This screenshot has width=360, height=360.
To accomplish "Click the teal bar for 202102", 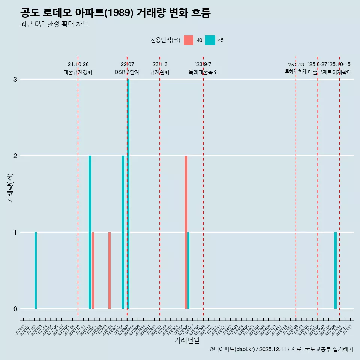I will point(36,270).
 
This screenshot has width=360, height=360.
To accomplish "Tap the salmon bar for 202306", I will point(186,232).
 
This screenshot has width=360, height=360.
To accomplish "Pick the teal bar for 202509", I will point(335,270).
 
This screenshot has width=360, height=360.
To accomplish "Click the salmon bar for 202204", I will point(109,270).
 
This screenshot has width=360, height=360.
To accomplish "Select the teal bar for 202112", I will point(90,232).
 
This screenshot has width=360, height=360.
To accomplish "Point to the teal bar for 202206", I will point(123,232).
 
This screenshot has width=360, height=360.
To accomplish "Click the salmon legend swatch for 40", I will point(189,40).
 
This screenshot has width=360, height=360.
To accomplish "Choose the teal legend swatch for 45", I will point(210,40).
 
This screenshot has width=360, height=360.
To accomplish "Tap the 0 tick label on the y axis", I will point(15,309).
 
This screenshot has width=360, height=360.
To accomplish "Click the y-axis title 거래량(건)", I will point(10,187).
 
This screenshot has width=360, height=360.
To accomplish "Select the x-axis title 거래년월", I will point(187,340).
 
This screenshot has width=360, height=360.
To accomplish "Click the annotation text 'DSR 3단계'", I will point(127,72).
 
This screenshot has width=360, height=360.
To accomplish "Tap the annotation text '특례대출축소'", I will point(203,72).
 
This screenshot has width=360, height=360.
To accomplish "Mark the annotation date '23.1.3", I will point(159,64).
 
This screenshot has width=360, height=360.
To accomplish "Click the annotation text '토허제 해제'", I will point(295,71).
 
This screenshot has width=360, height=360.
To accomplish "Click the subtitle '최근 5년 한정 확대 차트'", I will point(55,24).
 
